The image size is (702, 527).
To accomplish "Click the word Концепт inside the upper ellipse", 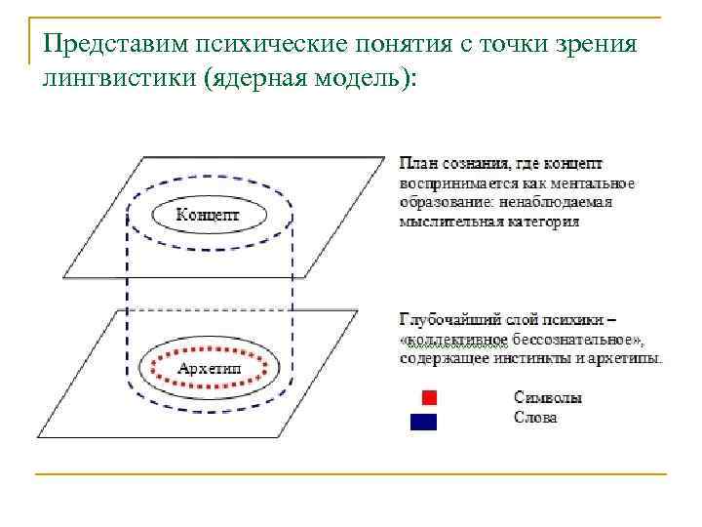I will coord(208,214).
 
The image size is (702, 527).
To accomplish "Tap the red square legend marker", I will coord(429,398).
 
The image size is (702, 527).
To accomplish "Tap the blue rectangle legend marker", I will coord(423,422).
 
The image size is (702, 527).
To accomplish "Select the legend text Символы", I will coord(549,398).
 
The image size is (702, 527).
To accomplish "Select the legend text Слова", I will coord(535,418).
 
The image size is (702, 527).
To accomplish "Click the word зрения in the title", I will coord(602,44).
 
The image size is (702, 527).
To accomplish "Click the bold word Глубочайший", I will coord(445,319).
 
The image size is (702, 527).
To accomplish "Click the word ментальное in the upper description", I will coord(596,182).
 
